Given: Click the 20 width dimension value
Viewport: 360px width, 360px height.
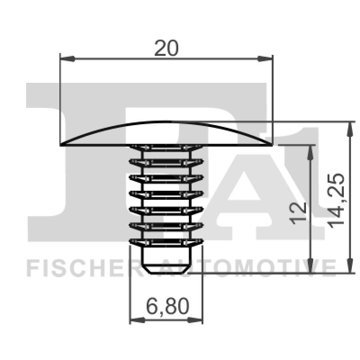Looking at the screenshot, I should pyautogui.click(x=166, y=48).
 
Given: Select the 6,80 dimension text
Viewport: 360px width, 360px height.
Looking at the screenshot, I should pyautogui.click(x=166, y=307).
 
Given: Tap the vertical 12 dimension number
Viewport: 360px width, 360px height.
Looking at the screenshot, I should pyautogui.click(x=299, y=212).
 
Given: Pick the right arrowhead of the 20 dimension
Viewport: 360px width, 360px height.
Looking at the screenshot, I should pyautogui.click(x=266, y=58).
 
